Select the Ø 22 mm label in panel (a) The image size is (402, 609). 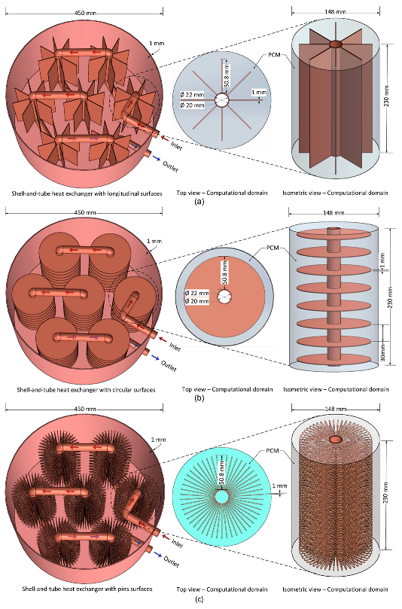[192, 94]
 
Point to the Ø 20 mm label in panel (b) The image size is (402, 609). [197, 301]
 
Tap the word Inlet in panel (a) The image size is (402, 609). [176, 145]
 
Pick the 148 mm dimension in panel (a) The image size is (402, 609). [335, 12]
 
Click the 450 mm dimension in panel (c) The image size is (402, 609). [85, 409]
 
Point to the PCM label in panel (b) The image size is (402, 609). [273, 248]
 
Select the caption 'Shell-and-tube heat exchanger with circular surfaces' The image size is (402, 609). [86, 389]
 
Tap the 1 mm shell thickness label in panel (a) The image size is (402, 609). [157, 43]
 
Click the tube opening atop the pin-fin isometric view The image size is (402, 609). [335, 440]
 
